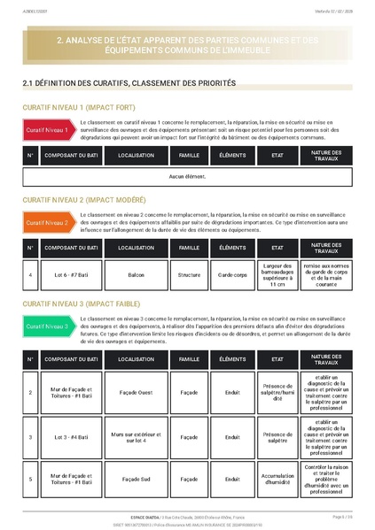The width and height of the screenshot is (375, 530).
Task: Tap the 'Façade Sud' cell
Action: (x=137, y=479)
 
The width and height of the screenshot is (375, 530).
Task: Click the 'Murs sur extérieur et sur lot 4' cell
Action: (x=137, y=436)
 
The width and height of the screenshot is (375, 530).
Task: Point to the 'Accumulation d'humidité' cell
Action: (x=277, y=479)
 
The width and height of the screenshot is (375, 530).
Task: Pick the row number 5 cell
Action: (x=30, y=479)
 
